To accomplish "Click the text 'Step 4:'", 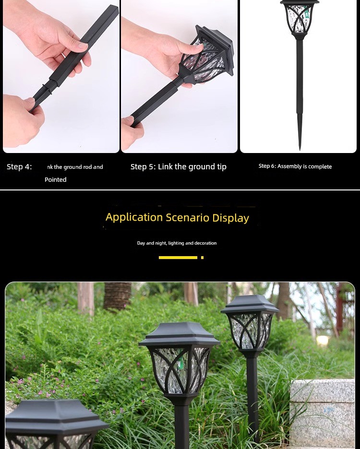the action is click(19, 166).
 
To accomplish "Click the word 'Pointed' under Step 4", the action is click(56, 179).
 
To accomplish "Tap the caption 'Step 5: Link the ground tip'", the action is click(178, 166).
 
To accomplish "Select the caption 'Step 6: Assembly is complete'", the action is click(295, 166).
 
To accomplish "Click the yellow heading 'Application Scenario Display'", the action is click(177, 217).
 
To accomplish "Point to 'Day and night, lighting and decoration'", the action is click(177, 243).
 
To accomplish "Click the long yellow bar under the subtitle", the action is click(178, 258).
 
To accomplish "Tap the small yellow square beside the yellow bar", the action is click(203, 258).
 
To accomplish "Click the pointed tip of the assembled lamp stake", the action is click(300, 149).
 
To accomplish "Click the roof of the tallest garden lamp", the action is click(250, 304).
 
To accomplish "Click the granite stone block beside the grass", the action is click(323, 413).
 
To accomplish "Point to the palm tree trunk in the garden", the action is click(117, 296).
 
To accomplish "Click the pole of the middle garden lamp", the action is click(181, 424).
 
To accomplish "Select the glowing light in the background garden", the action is click(323, 341).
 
